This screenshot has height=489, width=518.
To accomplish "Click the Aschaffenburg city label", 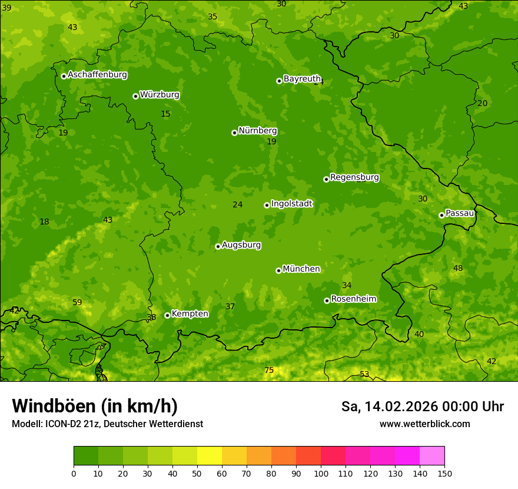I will (97, 75).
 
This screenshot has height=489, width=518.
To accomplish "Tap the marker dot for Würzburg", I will (135, 96).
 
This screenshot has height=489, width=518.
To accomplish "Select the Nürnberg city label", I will (258, 131).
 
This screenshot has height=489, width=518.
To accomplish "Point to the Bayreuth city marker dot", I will (279, 81).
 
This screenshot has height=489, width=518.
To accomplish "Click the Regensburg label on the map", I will (354, 177).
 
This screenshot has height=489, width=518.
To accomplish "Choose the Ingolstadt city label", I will (291, 204).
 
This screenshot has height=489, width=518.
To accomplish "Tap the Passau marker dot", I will (441, 215).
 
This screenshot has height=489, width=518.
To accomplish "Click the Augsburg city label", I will (241, 245).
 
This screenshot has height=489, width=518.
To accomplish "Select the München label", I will (301, 269).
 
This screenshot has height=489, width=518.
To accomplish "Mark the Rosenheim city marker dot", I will (327, 300).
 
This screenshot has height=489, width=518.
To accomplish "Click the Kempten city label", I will (190, 314).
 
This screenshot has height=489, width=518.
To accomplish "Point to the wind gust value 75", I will (269, 370).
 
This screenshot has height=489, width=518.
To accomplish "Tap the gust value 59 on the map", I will (77, 302).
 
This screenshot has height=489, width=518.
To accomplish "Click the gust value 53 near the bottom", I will (364, 374).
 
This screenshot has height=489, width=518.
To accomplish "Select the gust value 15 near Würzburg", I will (165, 114).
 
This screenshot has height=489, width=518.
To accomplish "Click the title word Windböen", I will (54, 406).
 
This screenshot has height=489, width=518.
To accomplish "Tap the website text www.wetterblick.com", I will (424, 424).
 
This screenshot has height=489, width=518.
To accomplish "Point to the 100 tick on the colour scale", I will (321, 473).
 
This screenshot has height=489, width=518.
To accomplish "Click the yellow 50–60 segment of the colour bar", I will (209, 455).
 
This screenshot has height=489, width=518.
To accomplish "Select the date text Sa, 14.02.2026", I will (389, 407).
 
